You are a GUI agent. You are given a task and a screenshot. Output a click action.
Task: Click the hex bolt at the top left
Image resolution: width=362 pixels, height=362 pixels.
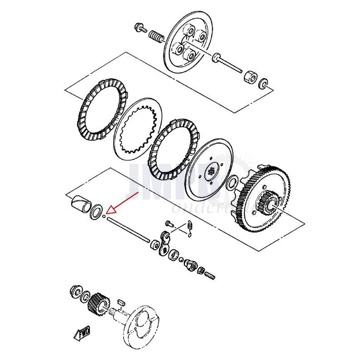pyautogui.click(x=140, y=28)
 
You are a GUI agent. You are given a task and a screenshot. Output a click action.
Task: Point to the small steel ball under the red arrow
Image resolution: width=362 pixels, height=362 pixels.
pyautogui.click(x=104, y=216)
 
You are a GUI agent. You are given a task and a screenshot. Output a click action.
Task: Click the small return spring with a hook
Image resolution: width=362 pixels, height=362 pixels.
pyautogui.click(x=191, y=228)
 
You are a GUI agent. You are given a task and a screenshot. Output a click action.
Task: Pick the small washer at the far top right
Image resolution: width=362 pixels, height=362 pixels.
pyautogui.click(x=263, y=84)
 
